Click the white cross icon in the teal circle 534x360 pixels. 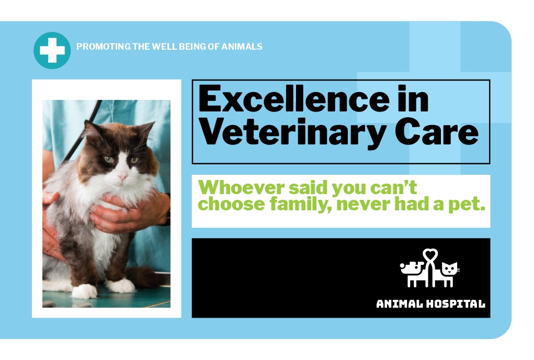coord(52,50)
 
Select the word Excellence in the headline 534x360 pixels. coord(294,99)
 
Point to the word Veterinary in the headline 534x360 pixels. coord(292,133)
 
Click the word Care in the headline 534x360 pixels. coord(437,132)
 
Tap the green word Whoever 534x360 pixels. coord(242,187)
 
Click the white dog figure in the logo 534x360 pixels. coord(413,274)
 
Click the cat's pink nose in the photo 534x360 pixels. coord(122,177)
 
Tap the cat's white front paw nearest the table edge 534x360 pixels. coord(84,291)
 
